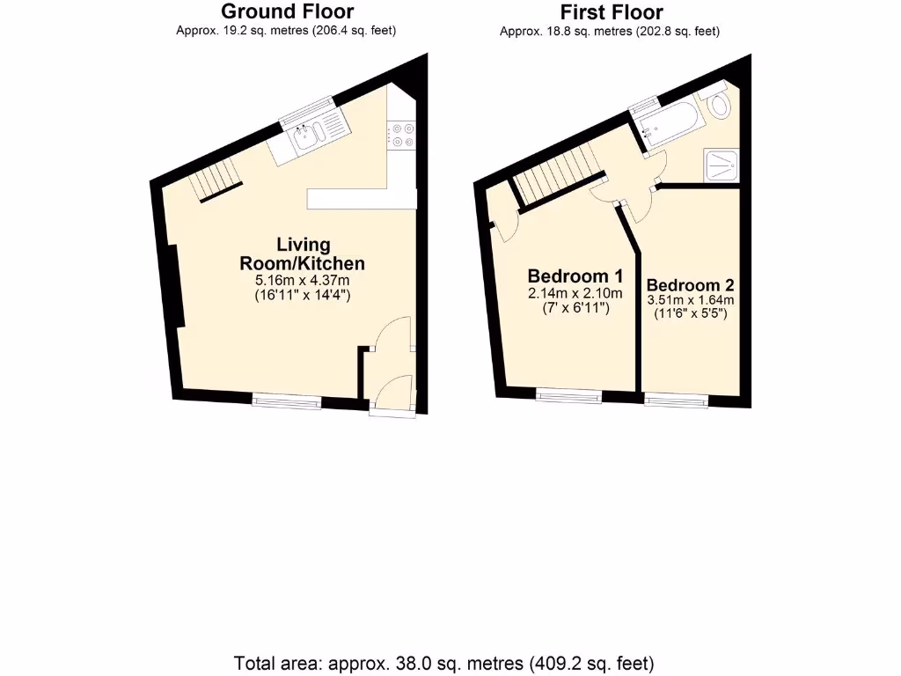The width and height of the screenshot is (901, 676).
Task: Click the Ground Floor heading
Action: (287, 11)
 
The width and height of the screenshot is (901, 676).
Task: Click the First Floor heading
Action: (611, 12)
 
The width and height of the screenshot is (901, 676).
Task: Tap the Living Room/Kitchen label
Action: (303, 253)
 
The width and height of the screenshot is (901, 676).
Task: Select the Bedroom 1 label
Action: (575, 274)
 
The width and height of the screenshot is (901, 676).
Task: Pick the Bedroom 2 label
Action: (690, 285)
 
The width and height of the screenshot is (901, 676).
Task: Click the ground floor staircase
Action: (218, 182)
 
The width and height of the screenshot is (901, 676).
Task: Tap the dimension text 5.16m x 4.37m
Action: (303, 281)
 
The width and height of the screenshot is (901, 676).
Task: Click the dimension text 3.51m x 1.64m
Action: (691, 300)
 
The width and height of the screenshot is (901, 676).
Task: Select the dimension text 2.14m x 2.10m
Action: (575, 293)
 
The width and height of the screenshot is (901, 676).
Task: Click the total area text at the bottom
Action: (444, 662)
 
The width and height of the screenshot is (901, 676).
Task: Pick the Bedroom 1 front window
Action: (569, 397)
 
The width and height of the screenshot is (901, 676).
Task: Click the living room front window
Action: (287, 401)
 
